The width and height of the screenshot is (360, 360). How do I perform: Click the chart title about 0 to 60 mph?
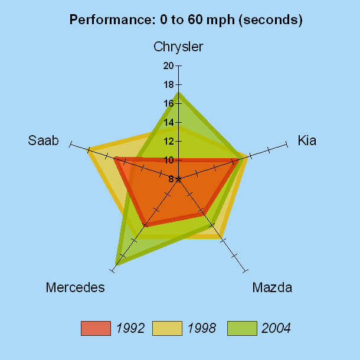pos(186,19)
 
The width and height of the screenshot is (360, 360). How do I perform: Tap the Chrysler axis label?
pos(178,47)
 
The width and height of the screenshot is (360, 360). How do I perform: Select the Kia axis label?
pos(307,140)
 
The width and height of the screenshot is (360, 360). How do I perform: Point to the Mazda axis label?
pos(272,288)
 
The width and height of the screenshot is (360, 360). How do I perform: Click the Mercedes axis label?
pos(75,288)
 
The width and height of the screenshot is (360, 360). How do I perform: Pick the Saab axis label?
pos(43,140)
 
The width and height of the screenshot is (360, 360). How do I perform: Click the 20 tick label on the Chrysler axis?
pos(168,66)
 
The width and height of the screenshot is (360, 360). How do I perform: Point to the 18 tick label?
pos(168,84)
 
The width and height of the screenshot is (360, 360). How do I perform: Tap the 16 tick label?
pos(168,103)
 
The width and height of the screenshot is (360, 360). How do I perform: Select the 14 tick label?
pos(168,122)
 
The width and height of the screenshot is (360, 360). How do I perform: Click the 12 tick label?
pos(168,141)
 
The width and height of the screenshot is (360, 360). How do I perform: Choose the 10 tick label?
pos(168,160)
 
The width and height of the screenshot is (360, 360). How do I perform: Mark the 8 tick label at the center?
pos(171,179)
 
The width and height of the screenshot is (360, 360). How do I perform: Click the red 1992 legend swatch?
pos(96,328)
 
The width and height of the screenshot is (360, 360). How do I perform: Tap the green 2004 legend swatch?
pos(242,328)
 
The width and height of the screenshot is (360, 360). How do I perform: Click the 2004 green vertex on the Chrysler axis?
pos(178,93)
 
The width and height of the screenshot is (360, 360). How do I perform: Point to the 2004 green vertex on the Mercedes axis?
pos(117,264)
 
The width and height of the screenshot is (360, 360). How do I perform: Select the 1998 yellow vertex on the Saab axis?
pos(89,150)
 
